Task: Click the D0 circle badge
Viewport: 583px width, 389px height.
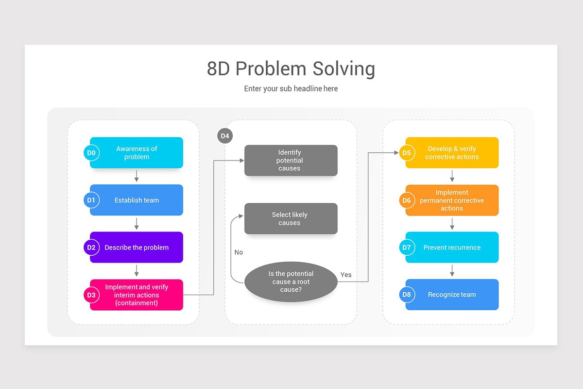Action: tap(91, 153)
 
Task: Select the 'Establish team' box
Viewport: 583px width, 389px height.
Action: tap(137, 200)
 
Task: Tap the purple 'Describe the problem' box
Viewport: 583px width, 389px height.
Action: tap(137, 248)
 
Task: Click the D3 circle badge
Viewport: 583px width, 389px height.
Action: tap(91, 295)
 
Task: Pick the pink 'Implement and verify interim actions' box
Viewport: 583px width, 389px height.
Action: tap(137, 295)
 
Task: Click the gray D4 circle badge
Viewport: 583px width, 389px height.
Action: tap(225, 136)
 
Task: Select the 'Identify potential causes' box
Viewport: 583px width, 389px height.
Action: tap(291, 160)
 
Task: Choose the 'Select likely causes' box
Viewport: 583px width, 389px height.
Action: tap(291, 219)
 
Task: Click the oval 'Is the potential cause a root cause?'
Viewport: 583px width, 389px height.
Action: tap(291, 282)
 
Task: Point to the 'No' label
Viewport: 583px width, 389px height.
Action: tap(239, 252)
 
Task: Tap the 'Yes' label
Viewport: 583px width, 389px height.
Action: tap(346, 275)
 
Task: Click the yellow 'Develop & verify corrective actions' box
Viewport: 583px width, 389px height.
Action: tap(452, 153)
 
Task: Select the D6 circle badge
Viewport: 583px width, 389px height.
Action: tap(407, 200)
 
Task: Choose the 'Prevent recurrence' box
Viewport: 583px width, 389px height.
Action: tap(452, 248)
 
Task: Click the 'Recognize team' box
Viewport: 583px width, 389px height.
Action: tap(452, 295)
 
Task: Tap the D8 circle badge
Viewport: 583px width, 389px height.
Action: tap(407, 295)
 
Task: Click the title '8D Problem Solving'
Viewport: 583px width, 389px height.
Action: tap(291, 69)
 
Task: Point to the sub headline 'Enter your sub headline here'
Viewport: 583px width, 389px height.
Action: tap(291, 88)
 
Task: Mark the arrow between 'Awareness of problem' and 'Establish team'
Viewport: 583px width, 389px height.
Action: tap(137, 176)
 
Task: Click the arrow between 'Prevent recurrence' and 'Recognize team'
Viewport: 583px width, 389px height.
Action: tap(452, 271)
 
